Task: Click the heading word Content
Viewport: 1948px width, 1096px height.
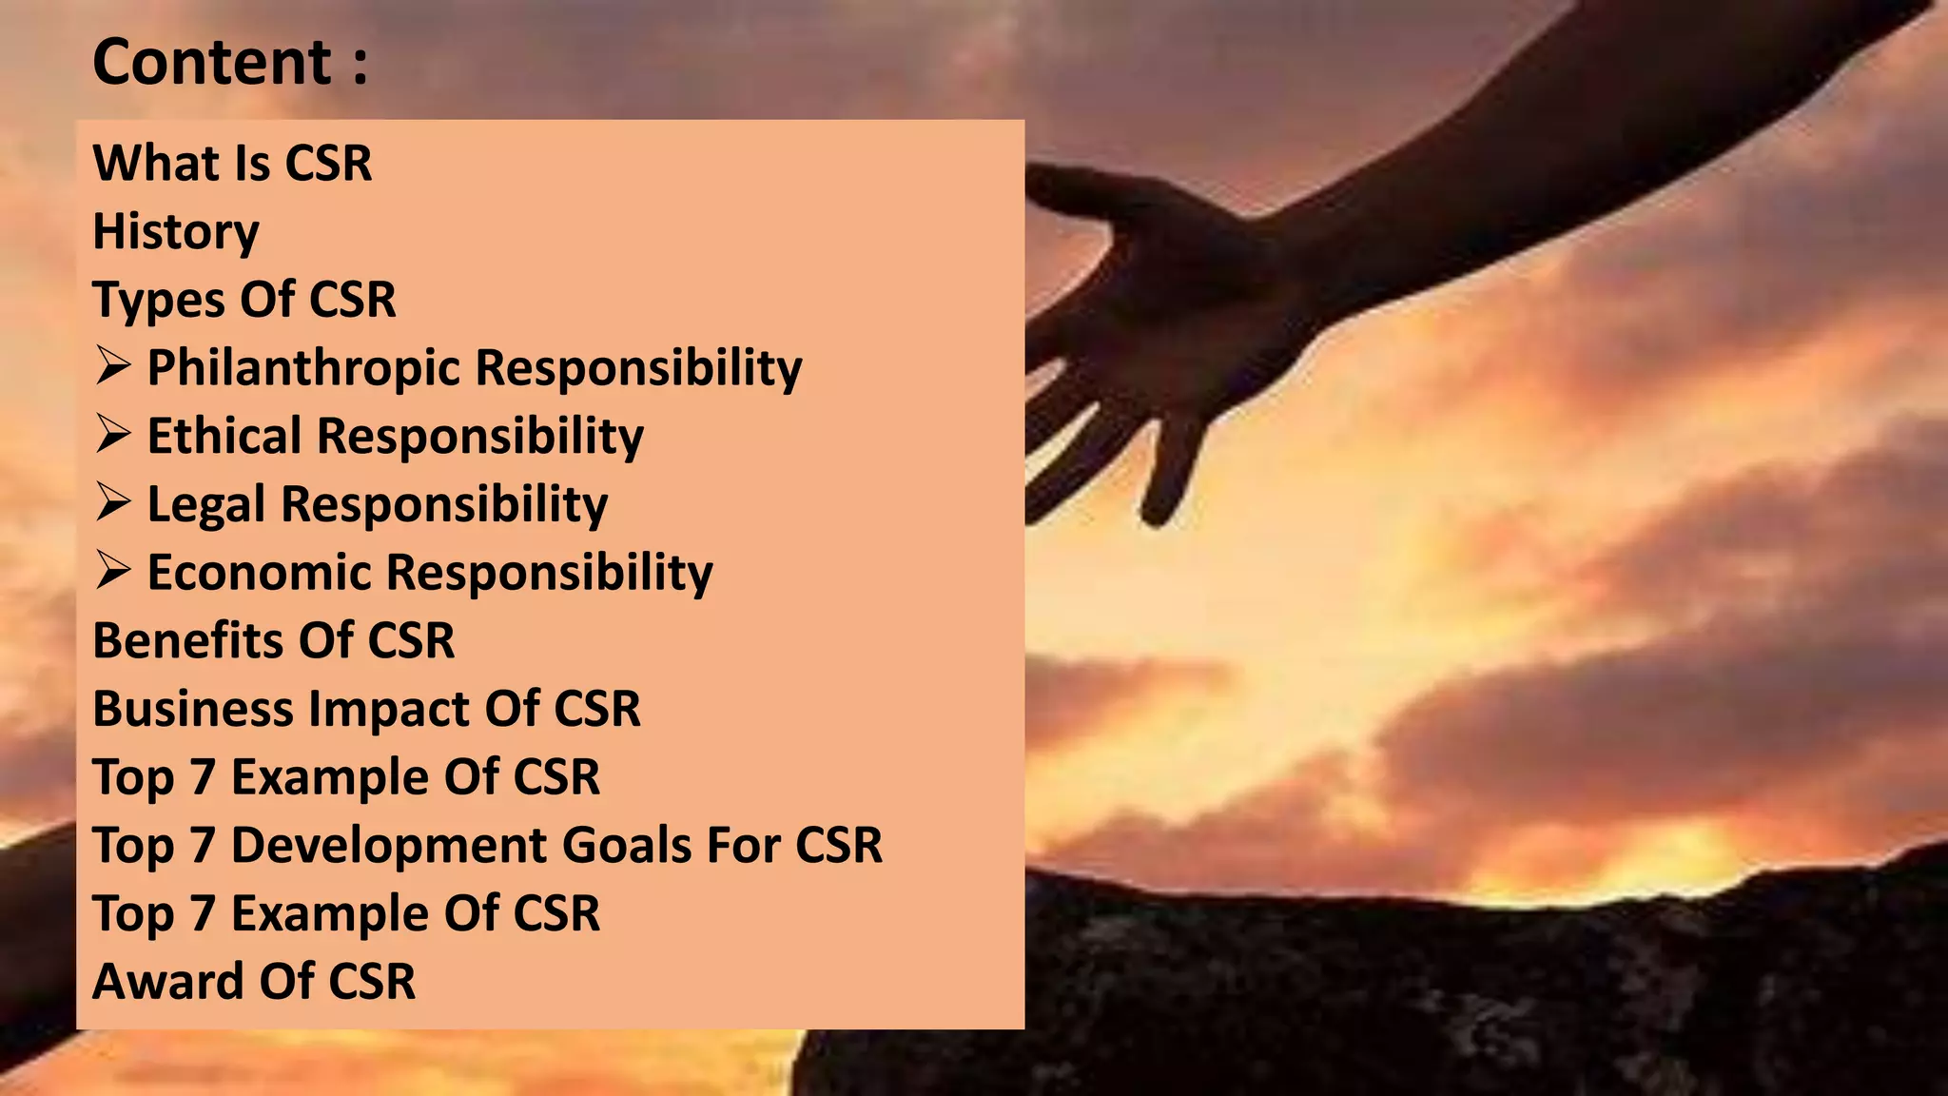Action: point(211,63)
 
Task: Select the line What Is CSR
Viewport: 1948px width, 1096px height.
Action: point(232,163)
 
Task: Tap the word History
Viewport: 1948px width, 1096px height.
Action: point(176,232)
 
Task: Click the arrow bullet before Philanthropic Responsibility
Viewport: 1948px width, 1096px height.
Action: point(112,366)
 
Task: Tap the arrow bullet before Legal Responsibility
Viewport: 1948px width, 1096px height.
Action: point(112,502)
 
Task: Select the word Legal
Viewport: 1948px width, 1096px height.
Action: point(205,504)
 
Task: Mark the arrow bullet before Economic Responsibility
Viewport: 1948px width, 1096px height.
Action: point(112,571)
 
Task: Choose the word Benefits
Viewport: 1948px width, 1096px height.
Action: point(187,640)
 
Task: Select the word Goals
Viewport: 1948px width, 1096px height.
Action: point(627,845)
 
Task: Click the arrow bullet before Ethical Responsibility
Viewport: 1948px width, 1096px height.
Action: point(112,435)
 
